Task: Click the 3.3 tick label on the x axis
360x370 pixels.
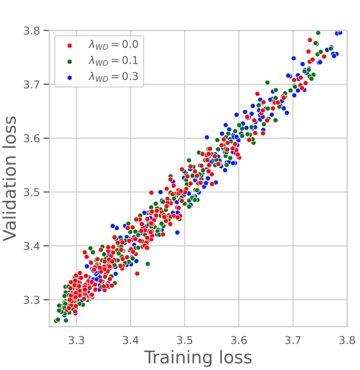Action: coord(77,340)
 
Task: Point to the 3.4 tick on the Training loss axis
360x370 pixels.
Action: coord(131,340)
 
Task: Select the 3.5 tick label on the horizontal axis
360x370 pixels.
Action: coord(185,340)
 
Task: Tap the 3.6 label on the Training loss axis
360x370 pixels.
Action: coord(239,340)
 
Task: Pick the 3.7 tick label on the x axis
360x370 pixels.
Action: coord(293,340)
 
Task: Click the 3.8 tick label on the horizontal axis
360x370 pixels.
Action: coord(346,340)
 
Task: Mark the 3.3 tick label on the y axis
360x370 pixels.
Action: coord(35,300)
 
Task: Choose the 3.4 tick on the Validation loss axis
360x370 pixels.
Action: coord(35,246)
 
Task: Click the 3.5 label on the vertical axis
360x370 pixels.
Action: coord(35,192)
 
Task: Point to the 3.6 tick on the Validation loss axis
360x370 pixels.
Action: coord(35,138)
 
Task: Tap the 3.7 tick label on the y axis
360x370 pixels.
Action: coord(35,85)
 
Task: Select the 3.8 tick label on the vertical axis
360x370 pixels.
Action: coord(35,30)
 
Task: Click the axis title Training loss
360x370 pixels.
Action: coord(198,358)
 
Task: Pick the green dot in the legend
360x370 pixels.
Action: coord(70,60)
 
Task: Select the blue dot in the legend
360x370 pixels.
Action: coord(70,77)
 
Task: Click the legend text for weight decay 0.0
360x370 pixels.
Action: coord(113,44)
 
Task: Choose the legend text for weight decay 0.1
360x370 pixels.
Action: coord(113,60)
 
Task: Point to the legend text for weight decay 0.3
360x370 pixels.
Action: coord(113,77)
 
